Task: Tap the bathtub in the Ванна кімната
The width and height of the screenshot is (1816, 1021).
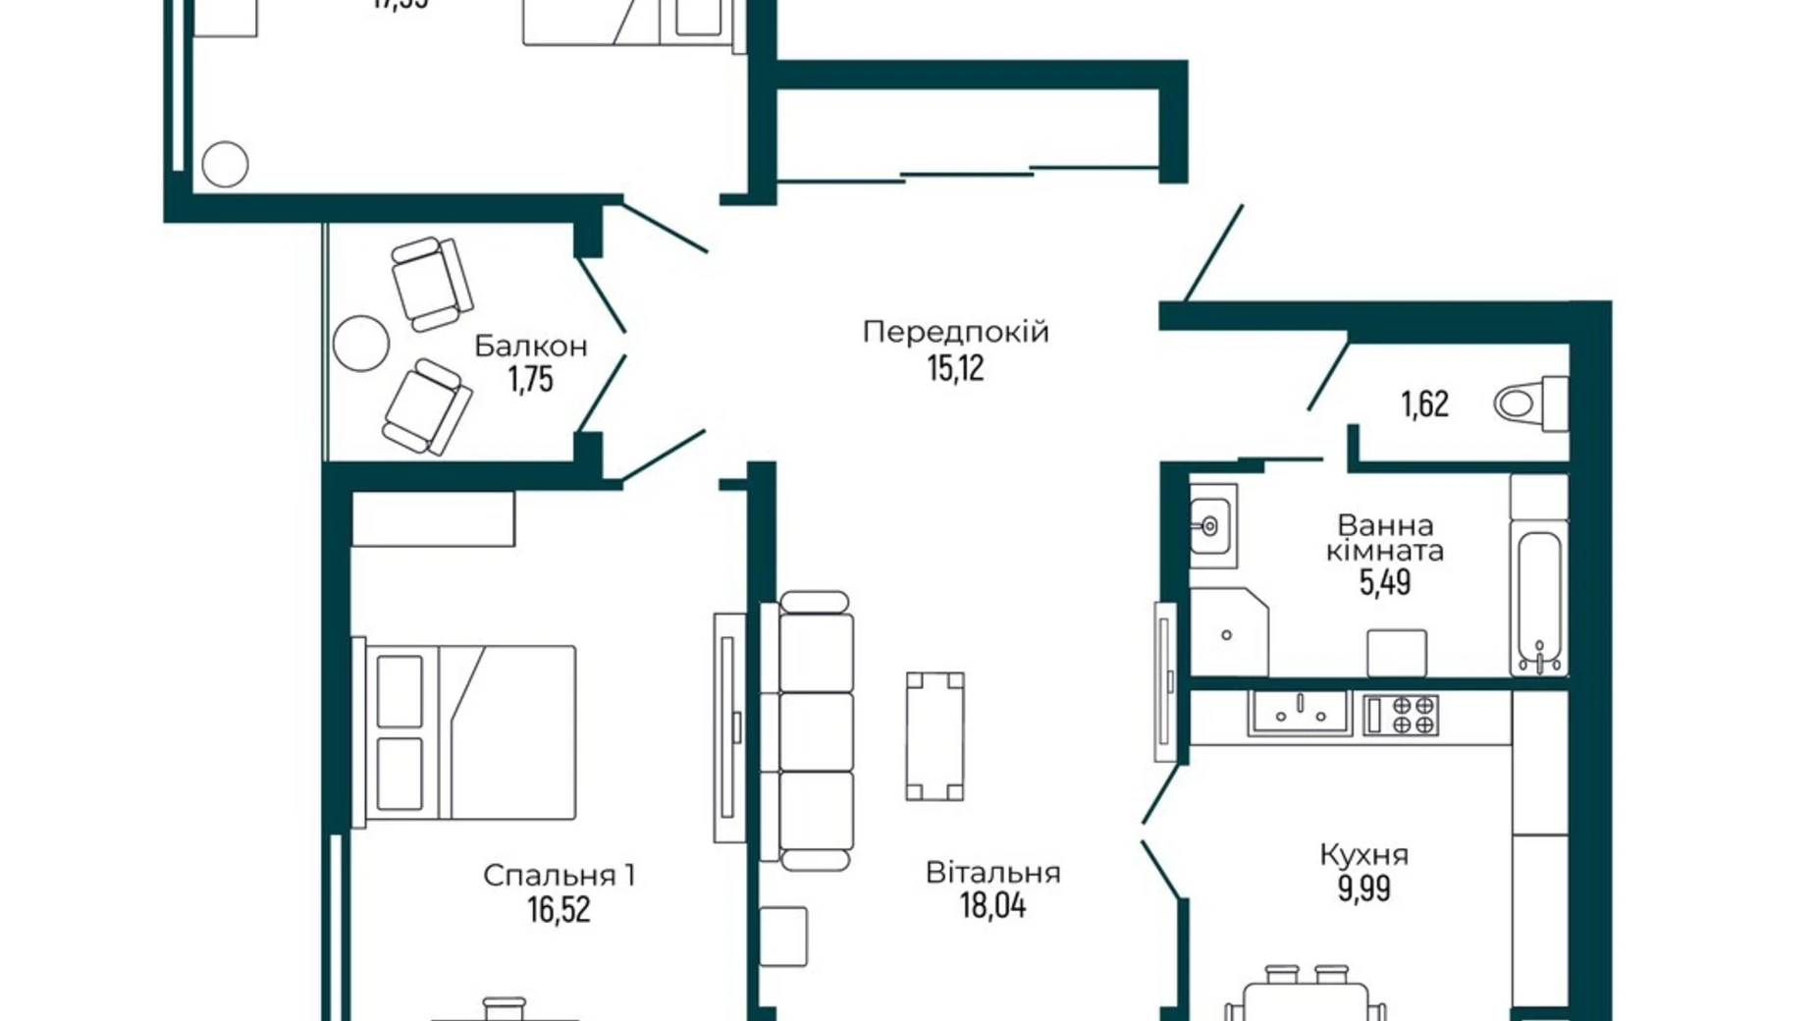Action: [1537, 601]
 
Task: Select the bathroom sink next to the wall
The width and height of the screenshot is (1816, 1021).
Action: [1211, 525]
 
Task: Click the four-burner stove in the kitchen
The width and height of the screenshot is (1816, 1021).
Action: [1401, 715]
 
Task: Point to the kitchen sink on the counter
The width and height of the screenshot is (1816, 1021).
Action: [1300, 714]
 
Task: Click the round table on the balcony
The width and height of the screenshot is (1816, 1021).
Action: [361, 344]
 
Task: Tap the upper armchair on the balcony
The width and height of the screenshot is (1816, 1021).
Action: [432, 283]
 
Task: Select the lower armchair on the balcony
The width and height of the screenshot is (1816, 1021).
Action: [426, 406]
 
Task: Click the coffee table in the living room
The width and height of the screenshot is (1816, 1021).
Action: [935, 736]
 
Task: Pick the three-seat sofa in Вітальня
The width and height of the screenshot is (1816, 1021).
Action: [813, 731]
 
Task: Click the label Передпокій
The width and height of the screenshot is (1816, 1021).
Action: [955, 332]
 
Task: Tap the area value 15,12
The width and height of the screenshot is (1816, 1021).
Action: [955, 369]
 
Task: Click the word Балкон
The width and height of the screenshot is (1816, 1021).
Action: [530, 346]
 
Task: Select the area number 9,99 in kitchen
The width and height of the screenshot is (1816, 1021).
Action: [1363, 889]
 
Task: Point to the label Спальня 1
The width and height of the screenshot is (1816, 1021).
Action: [559, 875]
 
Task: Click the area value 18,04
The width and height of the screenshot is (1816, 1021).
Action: [992, 905]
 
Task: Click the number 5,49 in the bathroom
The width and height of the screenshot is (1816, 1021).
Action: [1384, 583]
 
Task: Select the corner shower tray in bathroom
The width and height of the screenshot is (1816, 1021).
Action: [1227, 633]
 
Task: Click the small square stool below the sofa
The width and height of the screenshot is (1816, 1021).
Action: [783, 936]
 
